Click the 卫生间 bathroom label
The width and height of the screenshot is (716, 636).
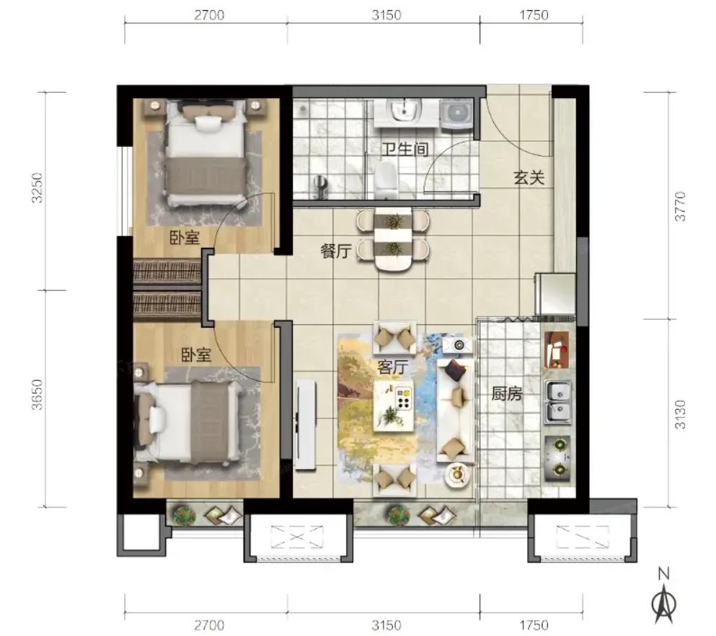coord(405,149)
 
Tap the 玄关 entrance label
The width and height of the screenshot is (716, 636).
coord(529,177)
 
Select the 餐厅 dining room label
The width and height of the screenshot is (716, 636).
coord(335,251)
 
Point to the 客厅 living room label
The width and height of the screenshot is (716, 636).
coord(392,366)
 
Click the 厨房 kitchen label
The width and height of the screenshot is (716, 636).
coord(506,393)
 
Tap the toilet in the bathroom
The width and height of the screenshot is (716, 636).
coord(386,181)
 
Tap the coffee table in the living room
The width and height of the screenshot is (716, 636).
coord(393,406)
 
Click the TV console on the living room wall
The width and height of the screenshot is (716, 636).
coord(305,424)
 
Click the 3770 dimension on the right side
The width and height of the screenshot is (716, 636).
coord(680,206)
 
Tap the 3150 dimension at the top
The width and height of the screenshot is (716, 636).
coord(386,15)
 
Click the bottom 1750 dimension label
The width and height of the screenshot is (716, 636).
coord(534,624)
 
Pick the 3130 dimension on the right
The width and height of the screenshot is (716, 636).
coord(680,414)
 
